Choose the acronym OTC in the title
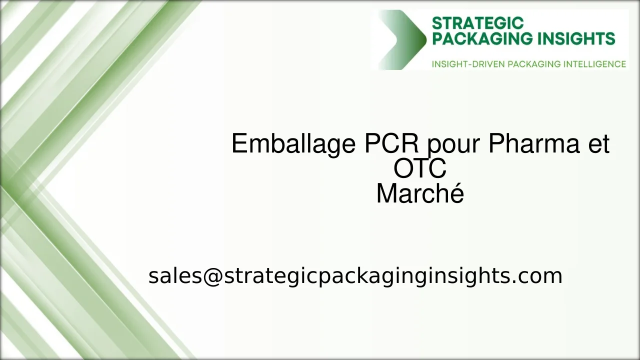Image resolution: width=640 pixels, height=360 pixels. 420,169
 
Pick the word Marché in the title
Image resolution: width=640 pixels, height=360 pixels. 420,193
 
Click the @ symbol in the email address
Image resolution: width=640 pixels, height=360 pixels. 213,276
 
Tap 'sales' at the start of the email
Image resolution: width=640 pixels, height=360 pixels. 174,276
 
